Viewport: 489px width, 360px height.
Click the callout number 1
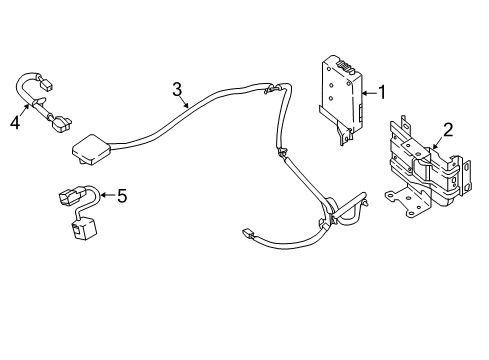click(x=380, y=93)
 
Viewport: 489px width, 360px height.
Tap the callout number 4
click(x=14, y=123)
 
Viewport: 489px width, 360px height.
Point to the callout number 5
click(x=123, y=196)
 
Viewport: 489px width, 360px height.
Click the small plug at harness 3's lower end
click(x=250, y=236)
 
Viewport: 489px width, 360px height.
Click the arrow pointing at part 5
click(x=107, y=195)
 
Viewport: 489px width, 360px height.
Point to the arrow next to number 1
click(x=367, y=93)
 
